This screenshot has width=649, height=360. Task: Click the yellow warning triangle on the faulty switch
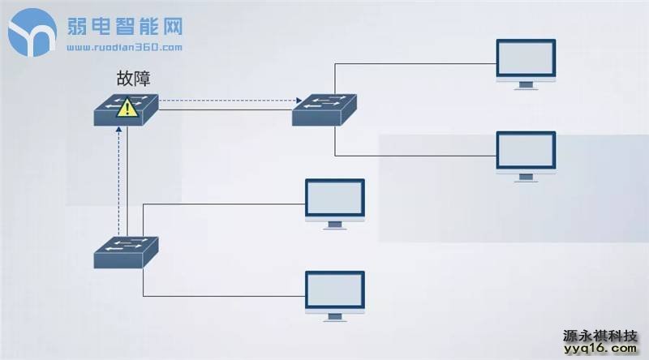126,108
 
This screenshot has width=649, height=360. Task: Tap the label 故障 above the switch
133,79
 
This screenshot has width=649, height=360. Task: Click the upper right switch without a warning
325,109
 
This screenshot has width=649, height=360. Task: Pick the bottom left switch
127,253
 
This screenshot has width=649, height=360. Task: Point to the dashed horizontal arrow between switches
226,102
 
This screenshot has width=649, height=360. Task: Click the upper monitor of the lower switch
334,199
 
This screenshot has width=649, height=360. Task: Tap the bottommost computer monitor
334,292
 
